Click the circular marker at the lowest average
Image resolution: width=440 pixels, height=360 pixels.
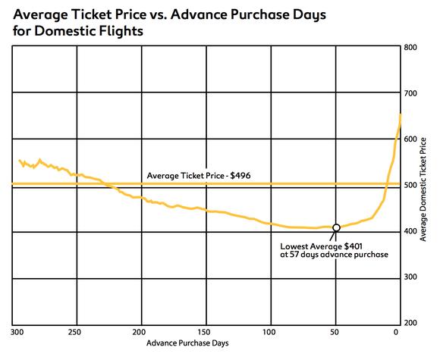tap(336, 227)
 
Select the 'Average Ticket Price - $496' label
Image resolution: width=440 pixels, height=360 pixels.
tap(199, 176)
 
